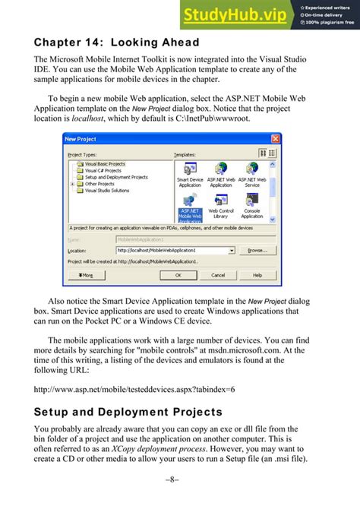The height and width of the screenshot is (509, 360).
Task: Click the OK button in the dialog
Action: coord(176,275)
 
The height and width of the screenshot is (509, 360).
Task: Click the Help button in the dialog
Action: coord(257,275)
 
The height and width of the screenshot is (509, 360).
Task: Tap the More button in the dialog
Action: coord(85,275)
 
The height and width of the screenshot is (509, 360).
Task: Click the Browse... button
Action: coord(257,250)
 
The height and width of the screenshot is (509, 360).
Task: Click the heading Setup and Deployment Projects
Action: coord(128,413)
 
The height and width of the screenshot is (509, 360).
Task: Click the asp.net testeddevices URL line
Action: coord(134,390)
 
